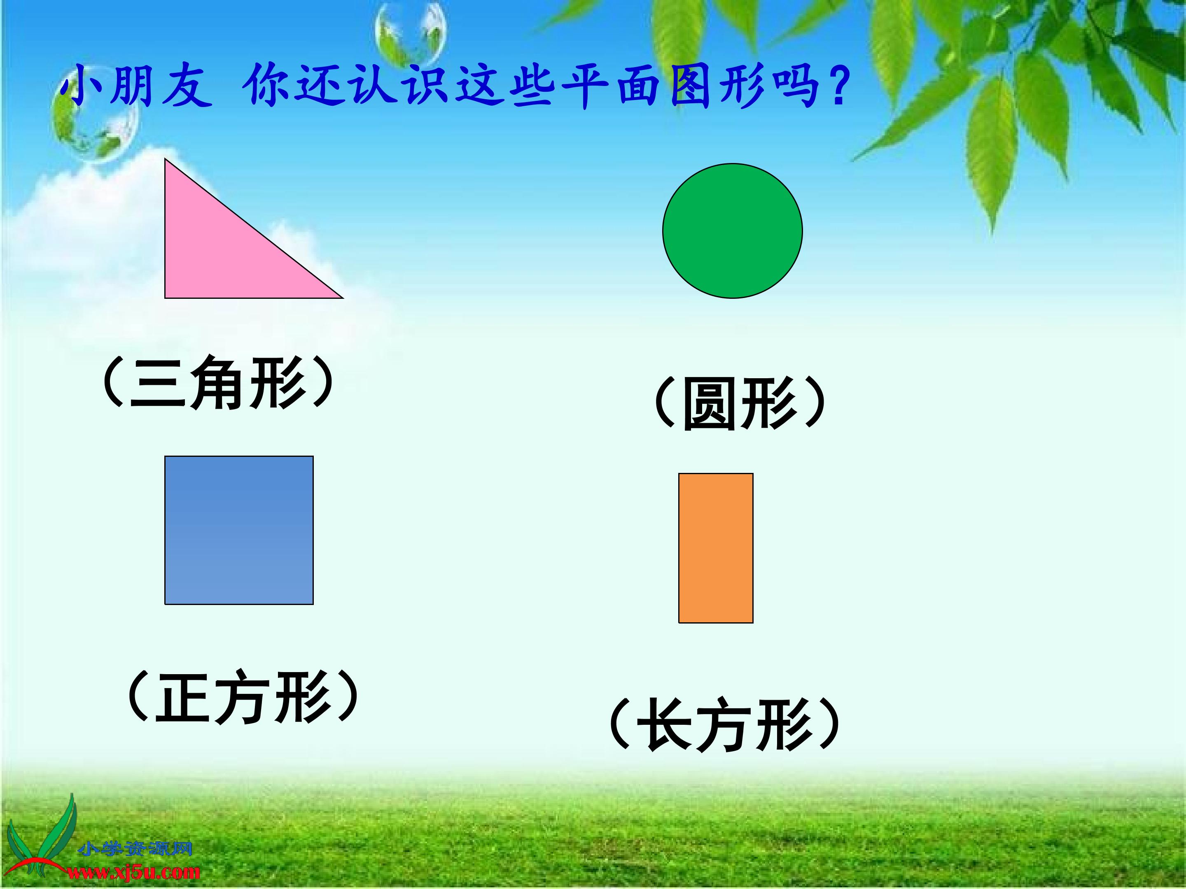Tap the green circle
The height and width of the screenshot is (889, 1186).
733,231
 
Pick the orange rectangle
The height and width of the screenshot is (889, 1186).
716,548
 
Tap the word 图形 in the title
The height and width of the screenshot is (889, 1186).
717,86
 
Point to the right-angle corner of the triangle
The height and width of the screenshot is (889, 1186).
165,298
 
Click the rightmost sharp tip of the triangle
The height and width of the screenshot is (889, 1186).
343,298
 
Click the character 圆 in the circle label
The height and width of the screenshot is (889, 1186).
710,403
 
